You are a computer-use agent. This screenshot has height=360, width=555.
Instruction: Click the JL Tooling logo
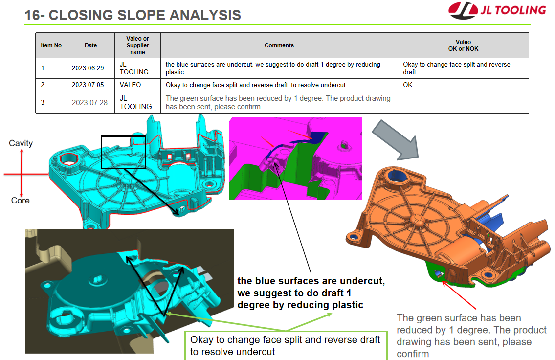tap(497, 10)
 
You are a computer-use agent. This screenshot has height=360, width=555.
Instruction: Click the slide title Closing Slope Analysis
tap(133, 15)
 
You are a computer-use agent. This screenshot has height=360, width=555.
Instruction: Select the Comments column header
tap(279, 45)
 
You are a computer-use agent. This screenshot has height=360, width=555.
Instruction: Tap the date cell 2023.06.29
tap(90, 68)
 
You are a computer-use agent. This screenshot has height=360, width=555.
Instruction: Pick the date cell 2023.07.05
tap(90, 85)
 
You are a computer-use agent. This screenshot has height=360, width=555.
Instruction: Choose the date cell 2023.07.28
tap(90, 102)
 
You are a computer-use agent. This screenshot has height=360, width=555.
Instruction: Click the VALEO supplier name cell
tap(137, 85)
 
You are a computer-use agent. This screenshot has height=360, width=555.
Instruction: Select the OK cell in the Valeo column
tap(463, 85)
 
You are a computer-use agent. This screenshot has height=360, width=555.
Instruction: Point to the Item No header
tap(51, 45)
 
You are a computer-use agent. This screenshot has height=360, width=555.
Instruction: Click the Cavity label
tap(21, 143)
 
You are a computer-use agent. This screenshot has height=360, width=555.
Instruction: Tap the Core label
tap(20, 201)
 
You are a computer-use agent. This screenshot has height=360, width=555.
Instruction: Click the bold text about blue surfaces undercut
tap(311, 292)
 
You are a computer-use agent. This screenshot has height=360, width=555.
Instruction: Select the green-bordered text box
tap(286, 345)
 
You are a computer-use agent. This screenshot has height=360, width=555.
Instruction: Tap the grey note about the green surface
tap(471, 336)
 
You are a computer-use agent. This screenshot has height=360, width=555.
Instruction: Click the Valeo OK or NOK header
tap(463, 45)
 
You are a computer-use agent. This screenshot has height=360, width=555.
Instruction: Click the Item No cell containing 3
tap(51, 102)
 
